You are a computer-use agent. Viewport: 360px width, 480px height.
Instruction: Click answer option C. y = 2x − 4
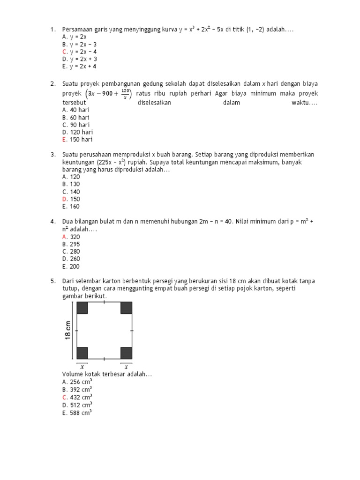79,52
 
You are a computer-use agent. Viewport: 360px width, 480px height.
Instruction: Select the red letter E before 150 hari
64,140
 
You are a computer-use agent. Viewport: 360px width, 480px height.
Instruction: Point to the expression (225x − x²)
112,162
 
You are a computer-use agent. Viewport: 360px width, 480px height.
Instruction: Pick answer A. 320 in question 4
71,237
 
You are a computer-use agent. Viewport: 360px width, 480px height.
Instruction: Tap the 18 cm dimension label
68,330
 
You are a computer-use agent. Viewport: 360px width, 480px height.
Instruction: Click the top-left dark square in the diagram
82,307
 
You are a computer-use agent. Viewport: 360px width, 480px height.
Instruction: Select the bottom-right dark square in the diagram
126,353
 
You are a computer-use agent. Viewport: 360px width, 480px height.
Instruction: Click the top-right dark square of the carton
126,307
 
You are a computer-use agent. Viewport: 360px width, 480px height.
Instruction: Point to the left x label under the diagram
82,367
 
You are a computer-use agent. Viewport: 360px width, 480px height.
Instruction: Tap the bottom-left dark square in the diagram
82,353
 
